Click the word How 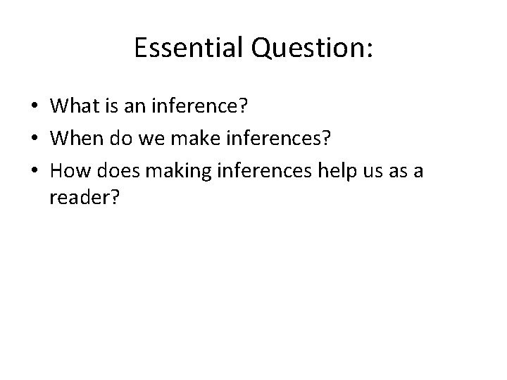(68, 171)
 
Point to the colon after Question (369, 51)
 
